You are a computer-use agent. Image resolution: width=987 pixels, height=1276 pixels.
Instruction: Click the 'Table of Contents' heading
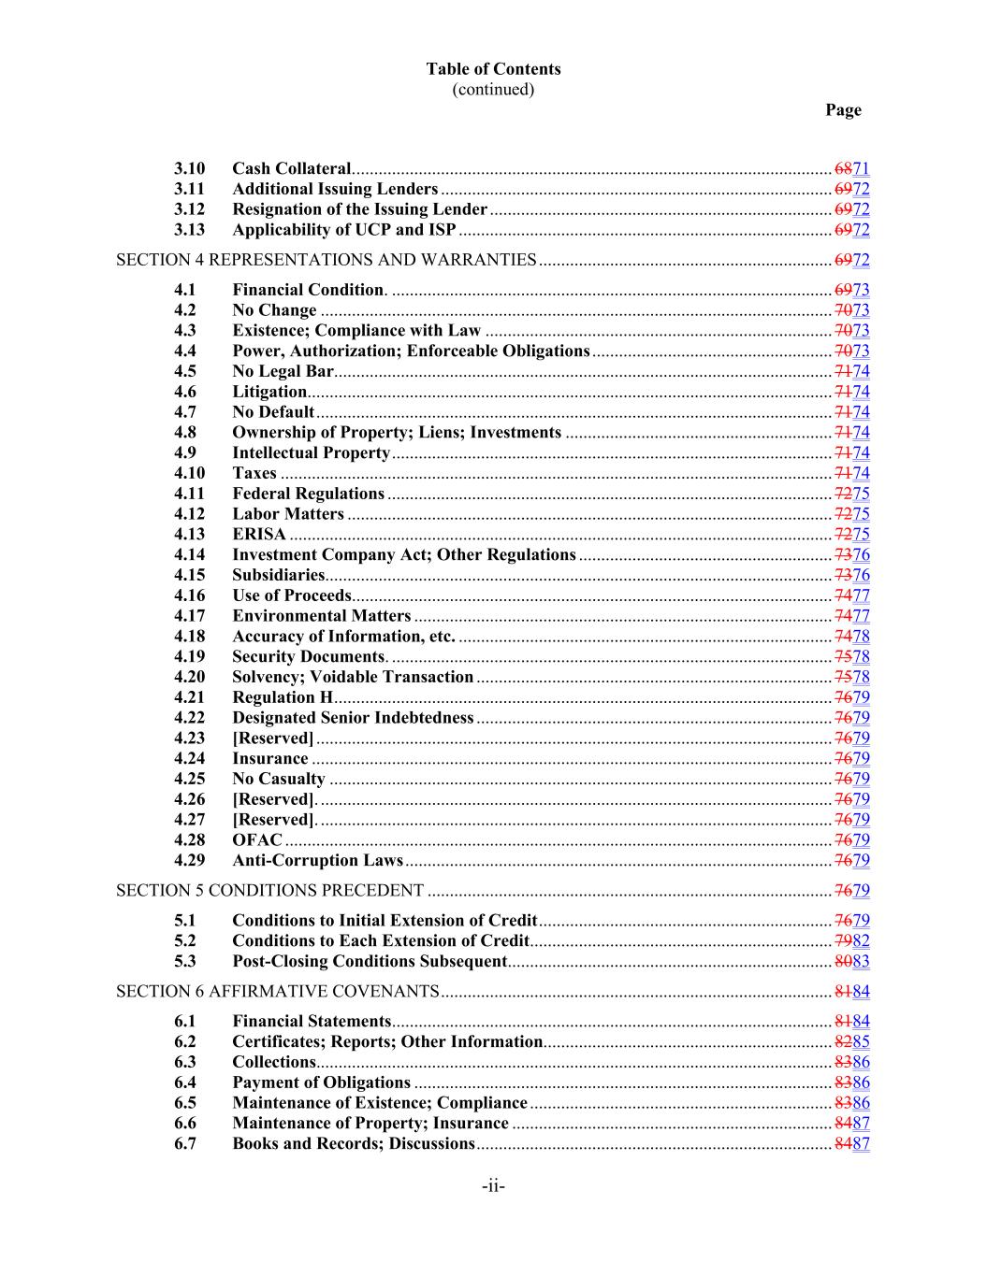tap(493, 69)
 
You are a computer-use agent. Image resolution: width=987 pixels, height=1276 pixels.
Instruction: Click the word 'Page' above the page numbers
tap(842, 110)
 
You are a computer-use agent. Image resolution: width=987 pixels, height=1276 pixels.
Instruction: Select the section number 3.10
tap(189, 169)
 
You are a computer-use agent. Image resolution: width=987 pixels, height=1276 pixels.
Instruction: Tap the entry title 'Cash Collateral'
tap(291, 169)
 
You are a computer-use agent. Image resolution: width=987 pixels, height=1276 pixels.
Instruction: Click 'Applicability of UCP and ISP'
tap(343, 230)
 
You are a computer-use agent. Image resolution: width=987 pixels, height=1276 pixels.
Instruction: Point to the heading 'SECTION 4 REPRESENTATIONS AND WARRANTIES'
tap(326, 260)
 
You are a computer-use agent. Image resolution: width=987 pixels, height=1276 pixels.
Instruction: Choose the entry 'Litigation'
tap(269, 392)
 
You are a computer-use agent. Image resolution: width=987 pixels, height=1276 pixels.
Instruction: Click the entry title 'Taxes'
tap(254, 473)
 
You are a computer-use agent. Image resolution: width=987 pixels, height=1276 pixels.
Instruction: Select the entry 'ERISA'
tap(259, 535)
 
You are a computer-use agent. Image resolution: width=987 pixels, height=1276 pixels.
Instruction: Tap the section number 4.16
tap(189, 595)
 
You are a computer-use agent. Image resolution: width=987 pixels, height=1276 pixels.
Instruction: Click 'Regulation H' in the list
tap(282, 697)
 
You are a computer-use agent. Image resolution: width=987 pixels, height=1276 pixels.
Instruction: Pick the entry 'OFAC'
tap(256, 840)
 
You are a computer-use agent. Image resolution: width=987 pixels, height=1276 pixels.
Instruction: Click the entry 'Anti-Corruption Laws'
tap(317, 861)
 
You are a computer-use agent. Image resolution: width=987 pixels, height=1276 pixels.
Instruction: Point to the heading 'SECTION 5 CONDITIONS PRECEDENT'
tap(269, 891)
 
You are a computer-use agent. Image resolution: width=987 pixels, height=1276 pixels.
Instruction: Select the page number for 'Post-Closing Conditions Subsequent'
tap(851, 962)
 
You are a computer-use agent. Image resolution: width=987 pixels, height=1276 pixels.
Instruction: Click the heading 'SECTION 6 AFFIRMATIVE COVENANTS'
tap(277, 992)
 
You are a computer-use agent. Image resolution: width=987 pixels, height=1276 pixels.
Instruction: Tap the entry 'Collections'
tap(273, 1062)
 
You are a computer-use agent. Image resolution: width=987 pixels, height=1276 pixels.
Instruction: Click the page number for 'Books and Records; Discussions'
tap(851, 1144)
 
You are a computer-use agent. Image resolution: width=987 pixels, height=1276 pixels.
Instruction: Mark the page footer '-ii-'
tap(493, 1187)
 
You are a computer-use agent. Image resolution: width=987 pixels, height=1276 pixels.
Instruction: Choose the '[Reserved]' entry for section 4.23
tap(272, 738)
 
